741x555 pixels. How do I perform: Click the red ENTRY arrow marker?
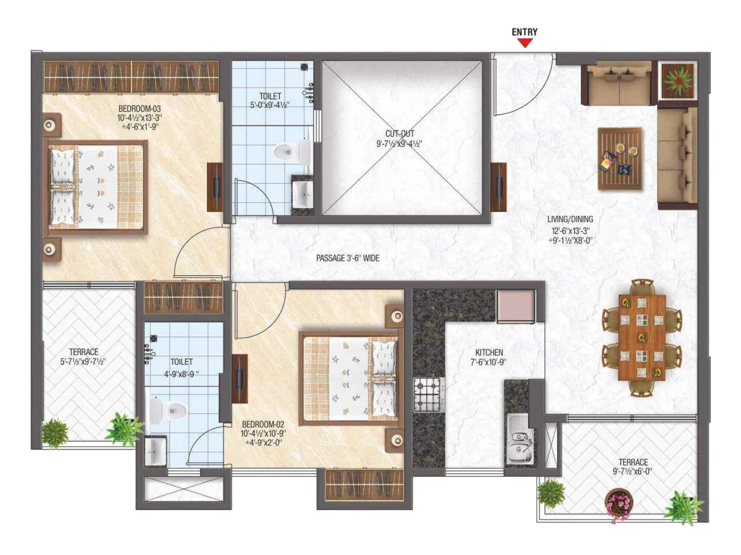(x=525, y=43)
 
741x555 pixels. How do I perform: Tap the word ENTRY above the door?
(x=524, y=32)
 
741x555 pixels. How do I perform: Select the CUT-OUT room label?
(x=400, y=134)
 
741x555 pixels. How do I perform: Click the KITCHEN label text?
(x=489, y=352)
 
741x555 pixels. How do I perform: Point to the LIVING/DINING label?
(x=570, y=219)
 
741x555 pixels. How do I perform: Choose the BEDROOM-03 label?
(x=139, y=109)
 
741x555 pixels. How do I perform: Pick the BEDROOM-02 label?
(x=263, y=424)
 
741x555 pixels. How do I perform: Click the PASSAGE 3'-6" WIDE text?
(x=347, y=258)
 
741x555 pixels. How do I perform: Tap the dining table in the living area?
(x=642, y=338)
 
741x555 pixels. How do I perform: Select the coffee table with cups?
(x=620, y=159)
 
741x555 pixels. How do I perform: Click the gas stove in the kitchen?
(x=427, y=395)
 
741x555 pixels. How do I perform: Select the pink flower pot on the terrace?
(x=619, y=501)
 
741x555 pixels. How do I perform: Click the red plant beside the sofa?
(x=678, y=80)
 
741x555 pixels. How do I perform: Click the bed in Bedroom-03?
(x=96, y=187)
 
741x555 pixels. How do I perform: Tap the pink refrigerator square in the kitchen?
(x=516, y=306)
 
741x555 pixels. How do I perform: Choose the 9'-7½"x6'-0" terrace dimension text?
(x=632, y=472)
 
